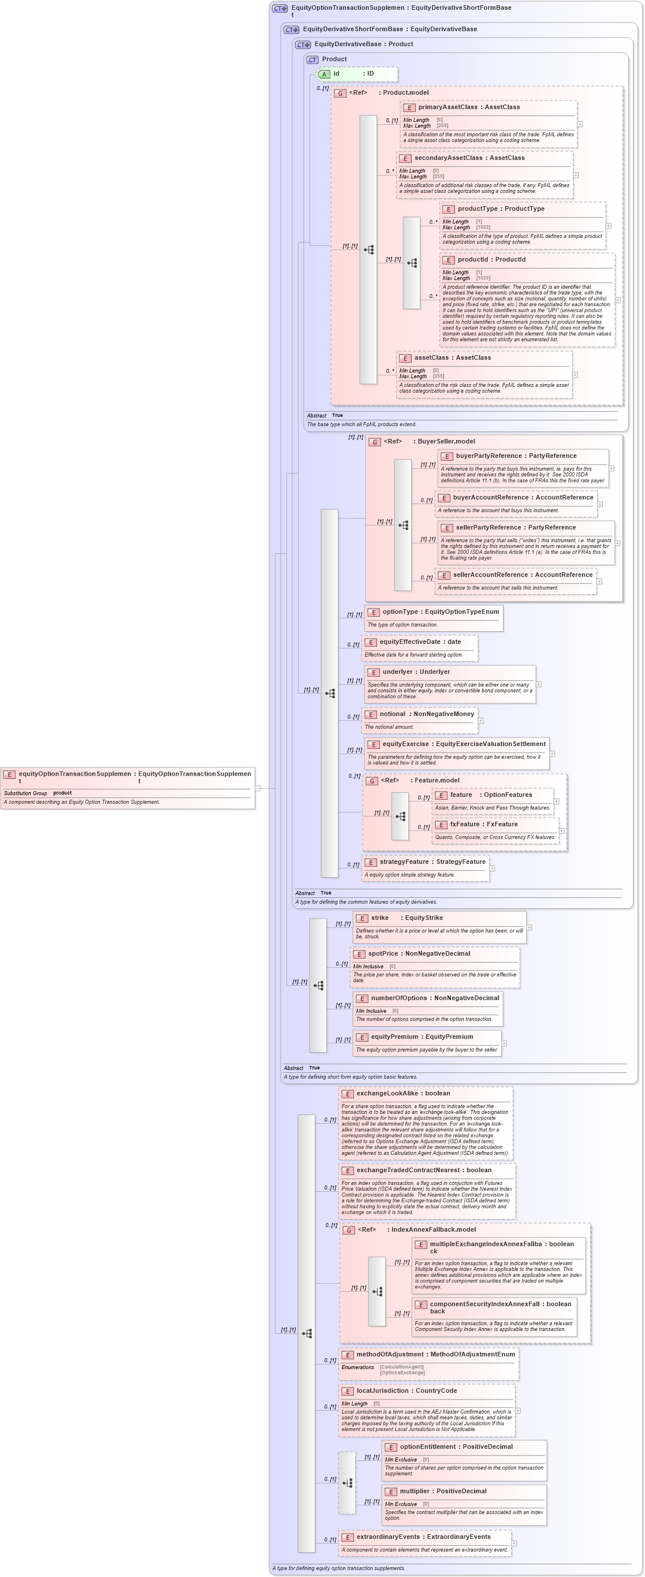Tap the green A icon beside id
325,74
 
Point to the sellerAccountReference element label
491,575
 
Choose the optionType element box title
400,612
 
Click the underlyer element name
399,672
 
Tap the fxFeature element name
465,824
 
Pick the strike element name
379,918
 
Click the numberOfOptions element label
399,998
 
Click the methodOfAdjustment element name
390,1354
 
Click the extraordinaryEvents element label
388,1537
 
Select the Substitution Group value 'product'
62,793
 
